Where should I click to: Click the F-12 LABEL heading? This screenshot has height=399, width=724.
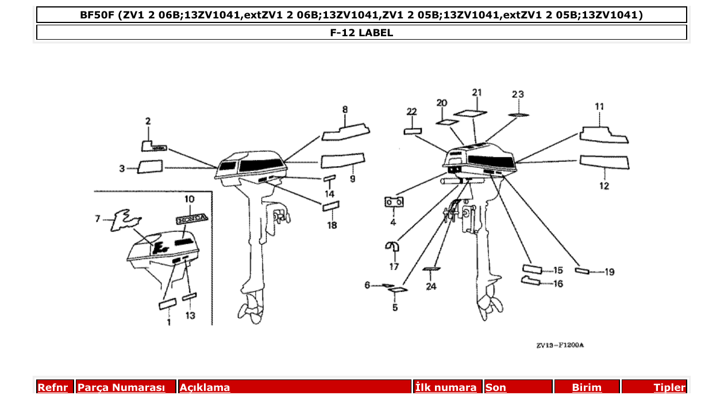361,33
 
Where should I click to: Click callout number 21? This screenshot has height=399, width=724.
477,93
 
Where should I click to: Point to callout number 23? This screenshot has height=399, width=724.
518,94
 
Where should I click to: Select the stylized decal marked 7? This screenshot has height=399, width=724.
126,221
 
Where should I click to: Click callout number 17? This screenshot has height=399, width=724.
394,267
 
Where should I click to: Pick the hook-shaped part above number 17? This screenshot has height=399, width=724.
393,246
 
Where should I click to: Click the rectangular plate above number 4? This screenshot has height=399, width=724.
394,202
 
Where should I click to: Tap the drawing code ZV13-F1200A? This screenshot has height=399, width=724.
560,346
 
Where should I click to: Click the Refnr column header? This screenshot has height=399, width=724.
53,388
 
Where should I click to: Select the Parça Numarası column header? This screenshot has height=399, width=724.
121,388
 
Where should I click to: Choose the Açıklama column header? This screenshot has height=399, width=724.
205,388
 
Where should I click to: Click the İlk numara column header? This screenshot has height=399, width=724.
445,388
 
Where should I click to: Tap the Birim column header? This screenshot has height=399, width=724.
587,388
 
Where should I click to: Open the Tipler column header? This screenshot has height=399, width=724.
669,388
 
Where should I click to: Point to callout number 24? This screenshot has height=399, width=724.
431,286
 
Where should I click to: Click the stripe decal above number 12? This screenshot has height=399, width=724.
604,162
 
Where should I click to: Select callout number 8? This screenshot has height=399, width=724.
345,109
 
